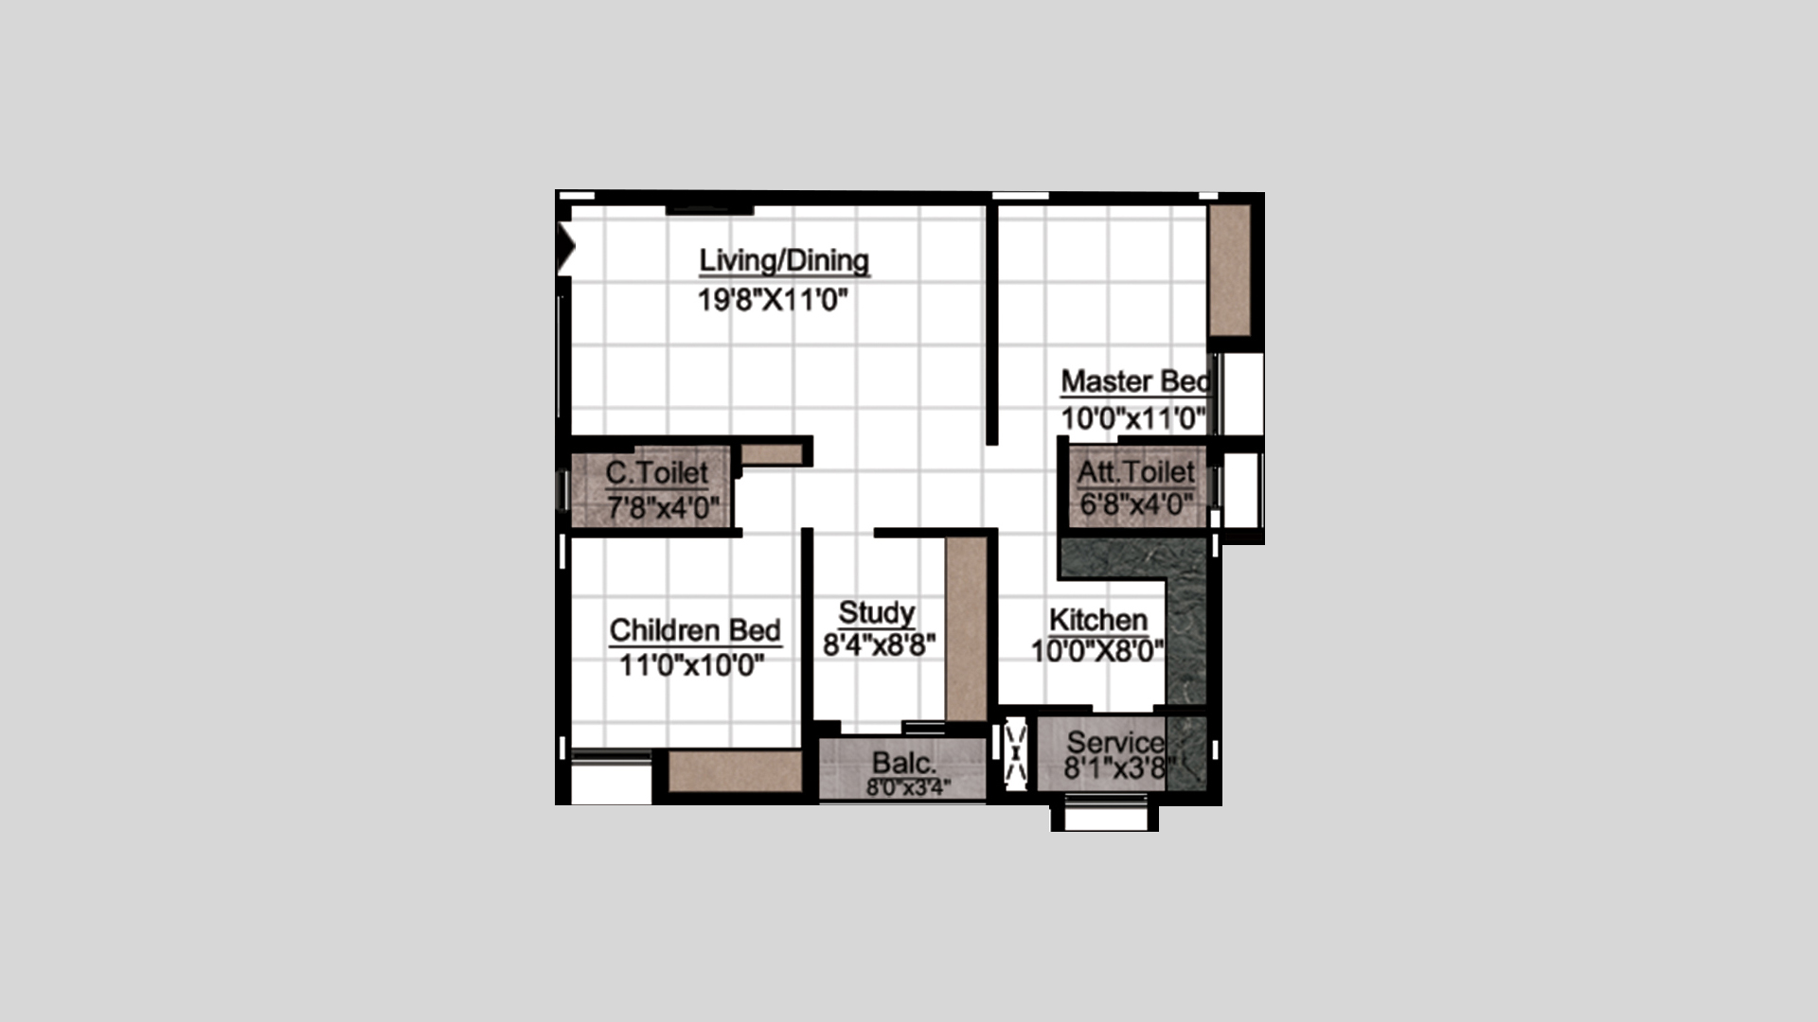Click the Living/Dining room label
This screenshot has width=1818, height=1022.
pos(784,260)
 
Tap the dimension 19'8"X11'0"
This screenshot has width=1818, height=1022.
pos(773,301)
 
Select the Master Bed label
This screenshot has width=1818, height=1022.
pos(1136,381)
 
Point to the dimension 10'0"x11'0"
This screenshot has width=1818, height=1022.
pos(1133,417)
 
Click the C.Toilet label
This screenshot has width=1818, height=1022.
pos(657,472)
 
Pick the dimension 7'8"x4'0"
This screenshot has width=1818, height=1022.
pos(663,508)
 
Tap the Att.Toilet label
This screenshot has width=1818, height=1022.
pos(1136,471)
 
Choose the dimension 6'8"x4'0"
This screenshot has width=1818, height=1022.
pos(1136,504)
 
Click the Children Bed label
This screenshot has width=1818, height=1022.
pos(695,630)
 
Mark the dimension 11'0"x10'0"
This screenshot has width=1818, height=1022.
pos(692,665)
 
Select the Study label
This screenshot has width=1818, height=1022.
pos(877,612)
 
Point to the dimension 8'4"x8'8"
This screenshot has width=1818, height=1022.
pos(880,645)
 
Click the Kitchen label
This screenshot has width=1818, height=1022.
pos(1098,620)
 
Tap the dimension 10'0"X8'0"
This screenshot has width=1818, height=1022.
pos(1097,651)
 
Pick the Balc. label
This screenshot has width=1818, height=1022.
pos(904,763)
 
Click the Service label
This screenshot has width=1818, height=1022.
pos(1115,743)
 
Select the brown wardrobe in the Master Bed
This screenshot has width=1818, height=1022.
pos(1230,270)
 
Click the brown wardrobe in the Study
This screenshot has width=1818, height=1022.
pos(967,630)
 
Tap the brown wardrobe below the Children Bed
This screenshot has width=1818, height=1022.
pos(736,772)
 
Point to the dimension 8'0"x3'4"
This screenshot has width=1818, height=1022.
pos(908,787)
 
